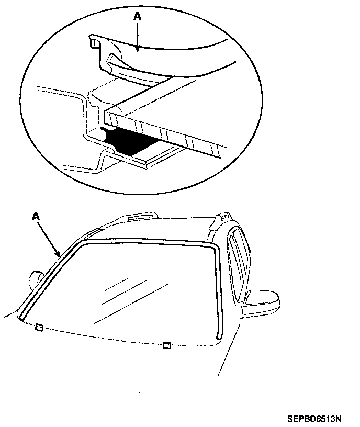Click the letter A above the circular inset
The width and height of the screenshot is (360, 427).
pos(138,17)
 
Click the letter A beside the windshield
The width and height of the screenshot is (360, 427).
pos(36,216)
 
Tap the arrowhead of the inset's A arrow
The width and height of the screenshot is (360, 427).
pos(138,50)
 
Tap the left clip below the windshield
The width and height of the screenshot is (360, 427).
pos(39,328)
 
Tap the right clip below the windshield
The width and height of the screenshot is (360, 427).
pos(167,345)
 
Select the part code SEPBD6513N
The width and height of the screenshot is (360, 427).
pos(313,419)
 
